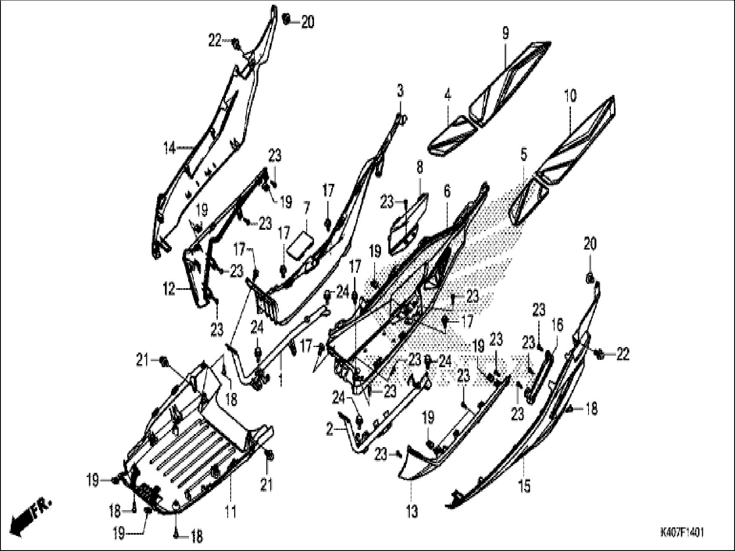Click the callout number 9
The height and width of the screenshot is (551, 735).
pos(505,33)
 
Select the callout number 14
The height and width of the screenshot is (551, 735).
pos(169,149)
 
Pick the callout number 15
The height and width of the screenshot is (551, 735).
pos(525,487)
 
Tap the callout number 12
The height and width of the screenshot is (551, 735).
pos(169,290)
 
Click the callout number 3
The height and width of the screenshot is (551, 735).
pos(400,91)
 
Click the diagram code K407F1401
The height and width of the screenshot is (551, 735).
pos(682,533)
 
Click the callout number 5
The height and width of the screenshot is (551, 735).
pos(523,155)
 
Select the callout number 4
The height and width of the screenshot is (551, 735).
pos(448,96)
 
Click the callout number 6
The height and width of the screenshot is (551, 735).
pos(447,192)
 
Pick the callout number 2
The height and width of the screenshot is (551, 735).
pos(330,429)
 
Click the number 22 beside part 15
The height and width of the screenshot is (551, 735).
pos(622,354)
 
